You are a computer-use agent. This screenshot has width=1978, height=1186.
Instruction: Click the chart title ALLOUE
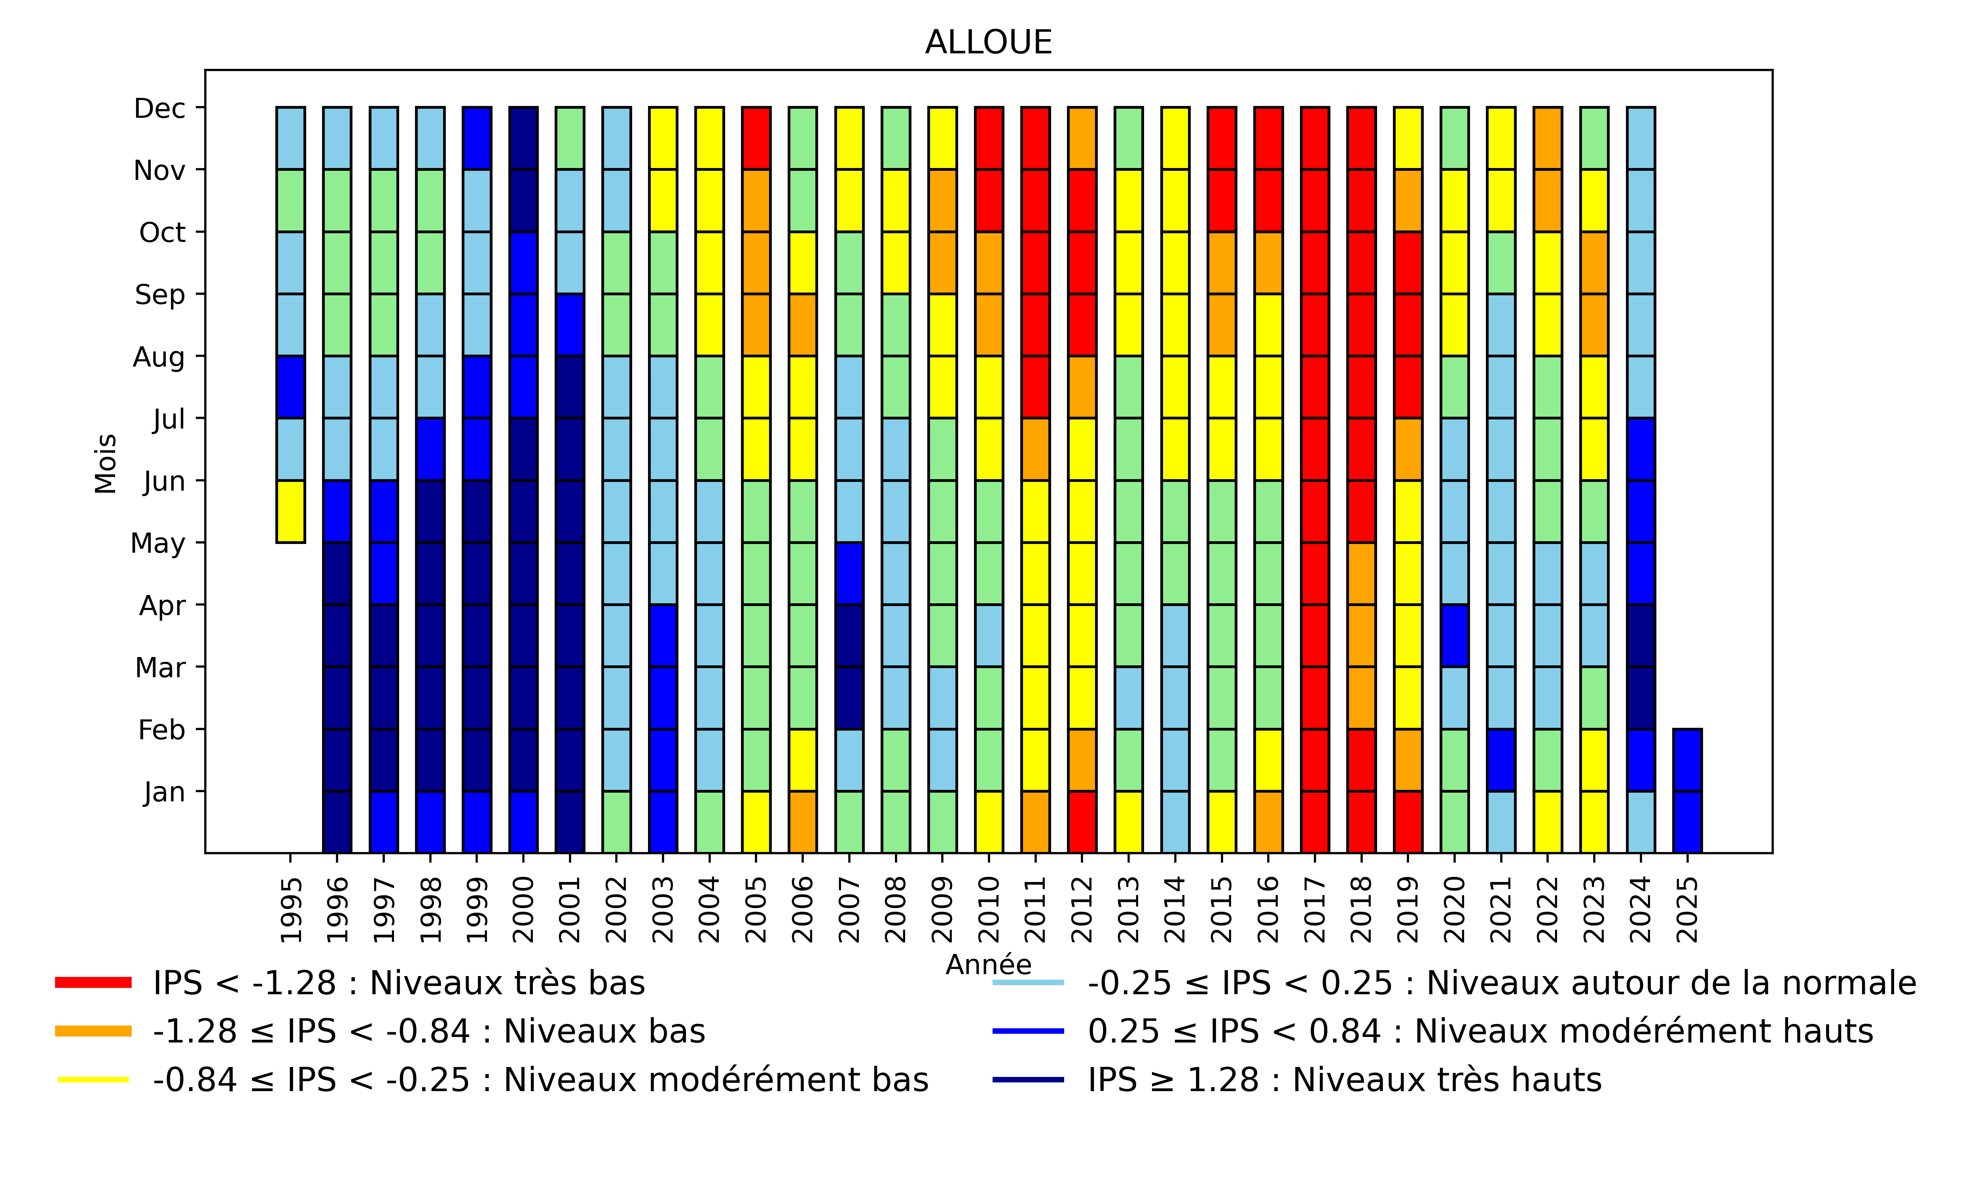[x=988, y=42]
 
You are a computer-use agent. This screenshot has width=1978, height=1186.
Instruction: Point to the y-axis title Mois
[x=106, y=464]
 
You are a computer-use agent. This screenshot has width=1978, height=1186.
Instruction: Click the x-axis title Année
[x=988, y=965]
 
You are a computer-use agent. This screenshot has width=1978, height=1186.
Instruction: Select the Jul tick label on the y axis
[x=169, y=419]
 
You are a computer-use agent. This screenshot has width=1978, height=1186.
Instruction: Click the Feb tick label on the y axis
[x=161, y=730]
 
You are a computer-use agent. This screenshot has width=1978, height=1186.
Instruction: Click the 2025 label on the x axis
[x=1687, y=910]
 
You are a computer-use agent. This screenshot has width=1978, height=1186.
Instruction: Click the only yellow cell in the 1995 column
[x=290, y=512]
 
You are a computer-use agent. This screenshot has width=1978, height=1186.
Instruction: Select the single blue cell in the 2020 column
[x=1454, y=635]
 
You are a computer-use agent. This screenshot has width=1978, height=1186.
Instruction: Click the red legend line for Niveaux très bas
[x=93, y=982]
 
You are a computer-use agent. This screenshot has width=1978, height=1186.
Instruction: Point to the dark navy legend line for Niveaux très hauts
[x=1028, y=1080]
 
